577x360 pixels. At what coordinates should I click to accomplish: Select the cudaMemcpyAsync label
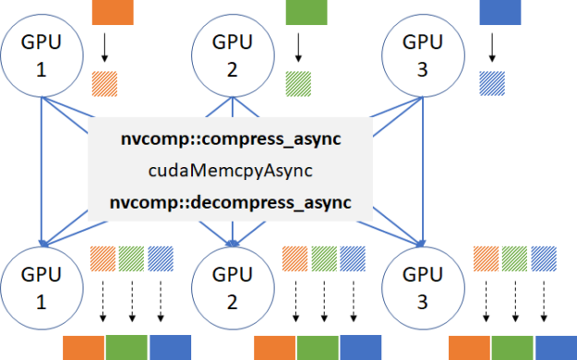click(230, 171)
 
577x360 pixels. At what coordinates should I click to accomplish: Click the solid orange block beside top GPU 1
click(113, 11)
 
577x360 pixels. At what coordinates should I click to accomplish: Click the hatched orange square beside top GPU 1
click(105, 84)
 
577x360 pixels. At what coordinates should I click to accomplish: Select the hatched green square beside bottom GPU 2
click(324, 257)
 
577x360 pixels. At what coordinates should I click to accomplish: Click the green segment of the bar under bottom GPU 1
click(126, 348)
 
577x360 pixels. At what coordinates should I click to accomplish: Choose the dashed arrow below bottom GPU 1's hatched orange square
click(102, 301)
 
